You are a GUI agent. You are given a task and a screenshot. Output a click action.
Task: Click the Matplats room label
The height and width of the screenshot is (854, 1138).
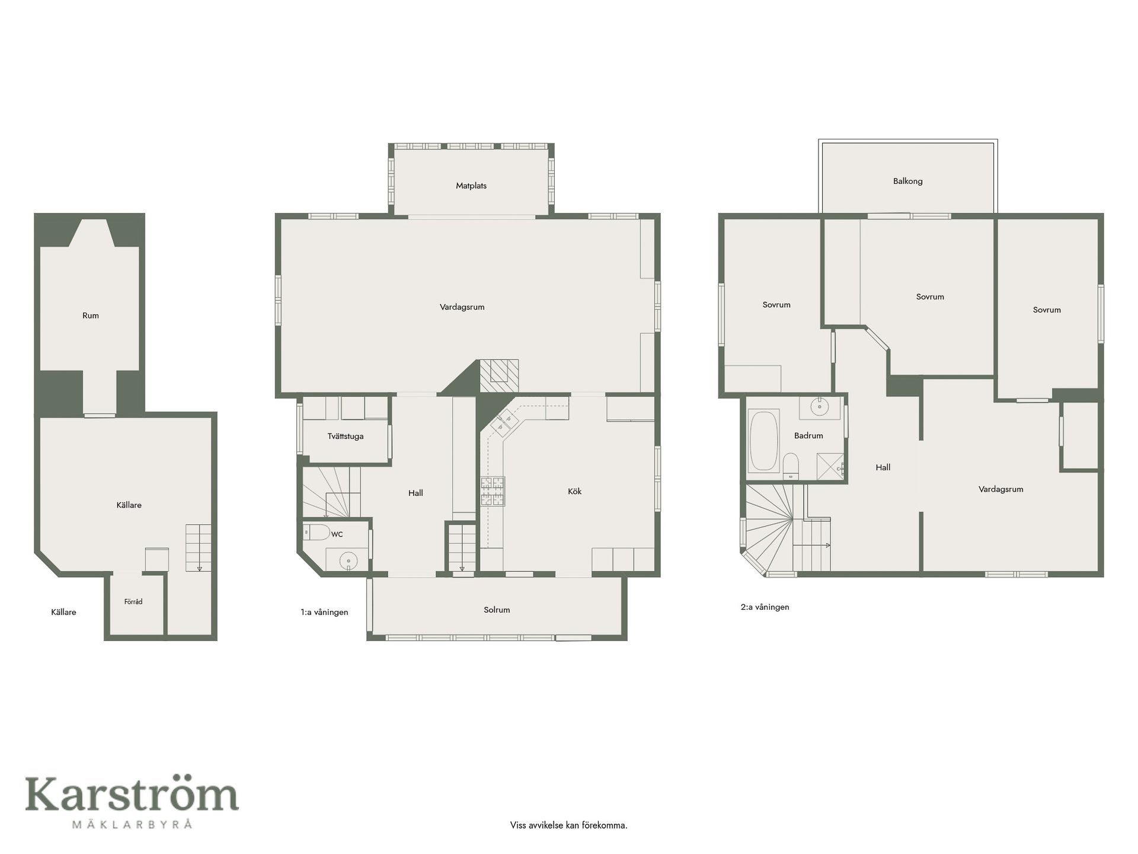click(471, 186)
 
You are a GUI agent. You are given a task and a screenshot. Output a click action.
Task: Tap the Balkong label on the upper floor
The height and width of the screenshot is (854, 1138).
click(907, 181)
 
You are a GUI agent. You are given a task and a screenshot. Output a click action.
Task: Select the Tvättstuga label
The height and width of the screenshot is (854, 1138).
click(346, 436)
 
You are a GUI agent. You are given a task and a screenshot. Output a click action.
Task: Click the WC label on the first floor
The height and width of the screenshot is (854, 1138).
click(337, 534)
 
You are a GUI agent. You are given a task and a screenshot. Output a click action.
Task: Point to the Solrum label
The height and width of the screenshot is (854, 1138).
click(497, 610)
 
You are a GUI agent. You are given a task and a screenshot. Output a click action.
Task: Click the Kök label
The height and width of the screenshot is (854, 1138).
click(574, 492)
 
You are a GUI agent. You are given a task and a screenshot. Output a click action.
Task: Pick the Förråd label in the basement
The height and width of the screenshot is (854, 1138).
click(133, 601)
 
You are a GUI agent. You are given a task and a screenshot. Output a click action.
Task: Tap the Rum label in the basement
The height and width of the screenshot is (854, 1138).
click(91, 316)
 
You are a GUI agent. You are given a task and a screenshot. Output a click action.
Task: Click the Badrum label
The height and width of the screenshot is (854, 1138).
click(808, 436)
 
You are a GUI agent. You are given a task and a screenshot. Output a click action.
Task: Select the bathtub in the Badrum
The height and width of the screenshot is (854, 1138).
click(763, 442)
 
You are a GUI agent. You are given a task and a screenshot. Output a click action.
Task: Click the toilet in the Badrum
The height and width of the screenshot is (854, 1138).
click(791, 466)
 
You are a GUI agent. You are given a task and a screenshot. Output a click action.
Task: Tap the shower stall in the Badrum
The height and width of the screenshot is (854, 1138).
click(830, 466)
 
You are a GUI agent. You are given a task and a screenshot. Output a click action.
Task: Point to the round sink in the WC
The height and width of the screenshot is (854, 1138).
click(349, 560)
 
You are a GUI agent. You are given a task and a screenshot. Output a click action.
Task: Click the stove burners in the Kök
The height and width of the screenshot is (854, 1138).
click(493, 492)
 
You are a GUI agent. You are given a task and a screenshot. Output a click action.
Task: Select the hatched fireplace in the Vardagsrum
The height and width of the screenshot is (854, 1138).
click(498, 375)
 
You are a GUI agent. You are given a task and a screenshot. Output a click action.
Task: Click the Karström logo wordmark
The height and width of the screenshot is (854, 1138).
click(132, 795)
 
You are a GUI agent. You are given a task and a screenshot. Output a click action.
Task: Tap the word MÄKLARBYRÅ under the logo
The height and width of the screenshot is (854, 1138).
click(132, 824)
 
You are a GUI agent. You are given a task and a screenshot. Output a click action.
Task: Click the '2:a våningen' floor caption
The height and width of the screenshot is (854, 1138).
click(765, 607)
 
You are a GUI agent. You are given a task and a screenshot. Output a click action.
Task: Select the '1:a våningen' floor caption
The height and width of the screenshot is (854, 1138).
click(324, 612)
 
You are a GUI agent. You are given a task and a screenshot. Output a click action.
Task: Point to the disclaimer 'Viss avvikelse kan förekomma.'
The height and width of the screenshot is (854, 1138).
click(568, 825)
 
